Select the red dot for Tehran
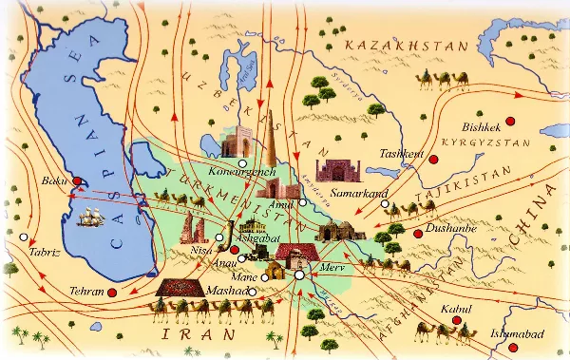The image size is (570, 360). click(112, 293)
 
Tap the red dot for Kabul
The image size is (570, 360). click(458, 321)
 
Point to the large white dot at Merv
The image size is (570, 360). click(299, 275)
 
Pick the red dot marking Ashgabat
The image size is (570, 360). click(235, 250)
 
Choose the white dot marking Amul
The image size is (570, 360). click(302, 202)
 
